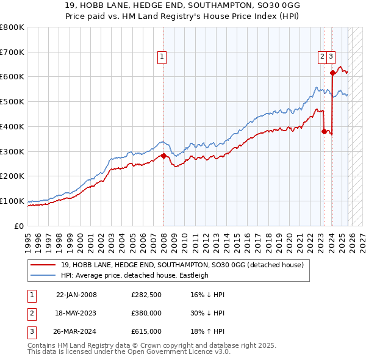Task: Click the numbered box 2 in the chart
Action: point(321,57)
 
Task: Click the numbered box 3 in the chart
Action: point(331,57)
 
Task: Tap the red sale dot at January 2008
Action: point(163,156)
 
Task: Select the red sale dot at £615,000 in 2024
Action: point(332,73)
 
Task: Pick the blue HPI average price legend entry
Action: point(134,275)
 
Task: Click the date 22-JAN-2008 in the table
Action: point(76,295)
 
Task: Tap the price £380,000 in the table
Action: point(146,313)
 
